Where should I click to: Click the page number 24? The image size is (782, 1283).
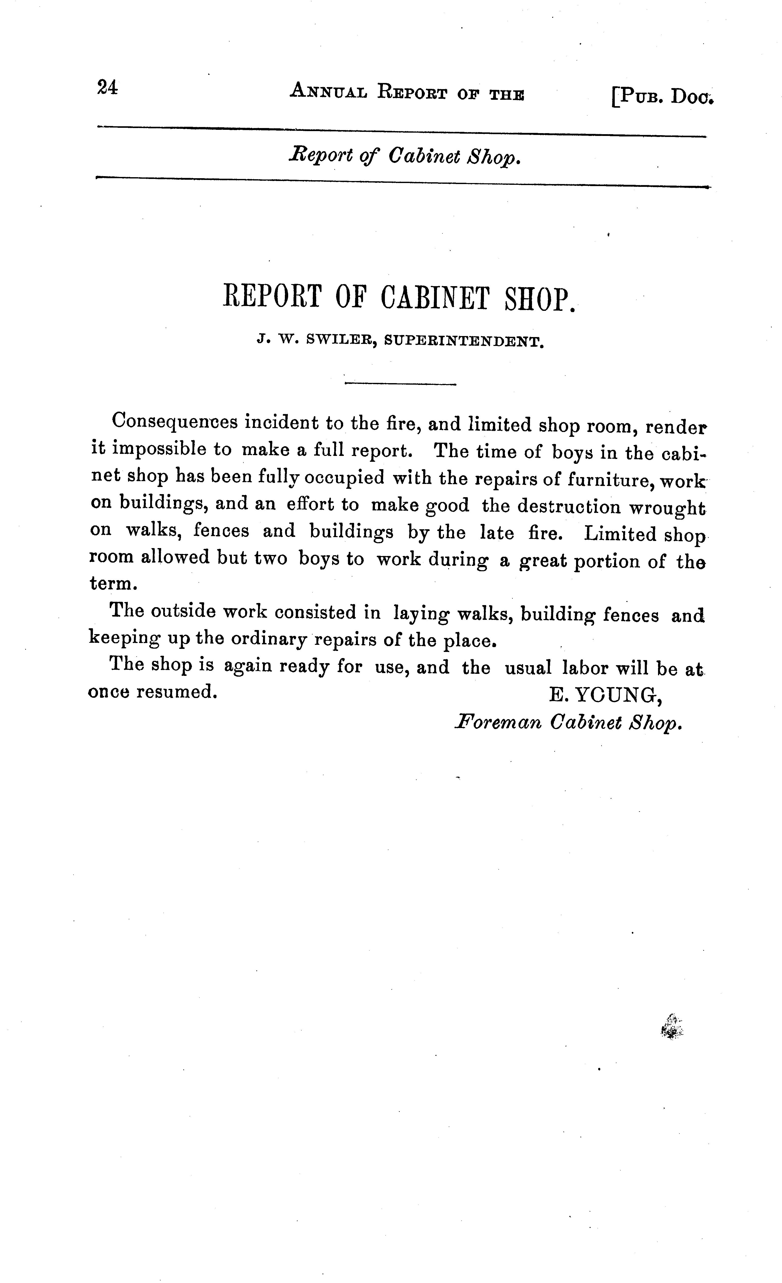pos(107,87)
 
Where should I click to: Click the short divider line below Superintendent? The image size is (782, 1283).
pos(400,384)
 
